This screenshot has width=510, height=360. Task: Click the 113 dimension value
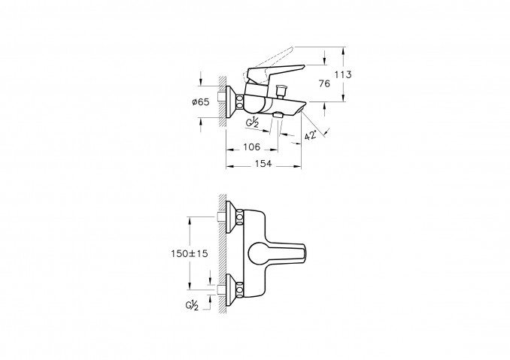pos(344,74)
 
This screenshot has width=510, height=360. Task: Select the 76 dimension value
pos(324,84)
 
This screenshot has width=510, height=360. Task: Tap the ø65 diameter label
pos(200,102)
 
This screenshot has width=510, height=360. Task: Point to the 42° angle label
pos(311,135)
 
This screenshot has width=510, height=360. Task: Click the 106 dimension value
pos(252,147)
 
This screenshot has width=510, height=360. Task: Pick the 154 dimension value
pos(263,164)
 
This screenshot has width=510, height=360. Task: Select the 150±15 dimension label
pos(190,253)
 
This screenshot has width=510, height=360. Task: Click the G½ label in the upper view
pos(253,123)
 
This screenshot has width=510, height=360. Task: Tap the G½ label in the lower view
pos(192,305)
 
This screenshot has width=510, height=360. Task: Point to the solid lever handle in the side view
pos(275,72)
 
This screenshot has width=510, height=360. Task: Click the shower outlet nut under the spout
pos(278,115)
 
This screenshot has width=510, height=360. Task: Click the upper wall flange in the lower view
pos(232,217)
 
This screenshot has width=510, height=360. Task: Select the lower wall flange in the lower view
pos(232,289)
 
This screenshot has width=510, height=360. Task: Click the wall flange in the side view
pos(232,102)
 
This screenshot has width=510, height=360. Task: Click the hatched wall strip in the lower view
pos(223,254)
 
